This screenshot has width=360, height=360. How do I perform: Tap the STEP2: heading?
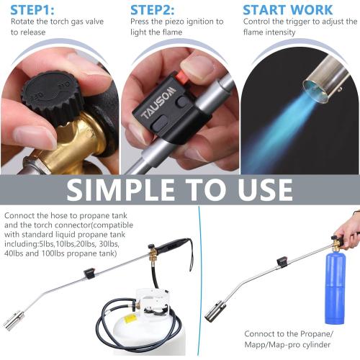coord(154,11)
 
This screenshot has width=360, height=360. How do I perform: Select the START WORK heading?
coord(287,11)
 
